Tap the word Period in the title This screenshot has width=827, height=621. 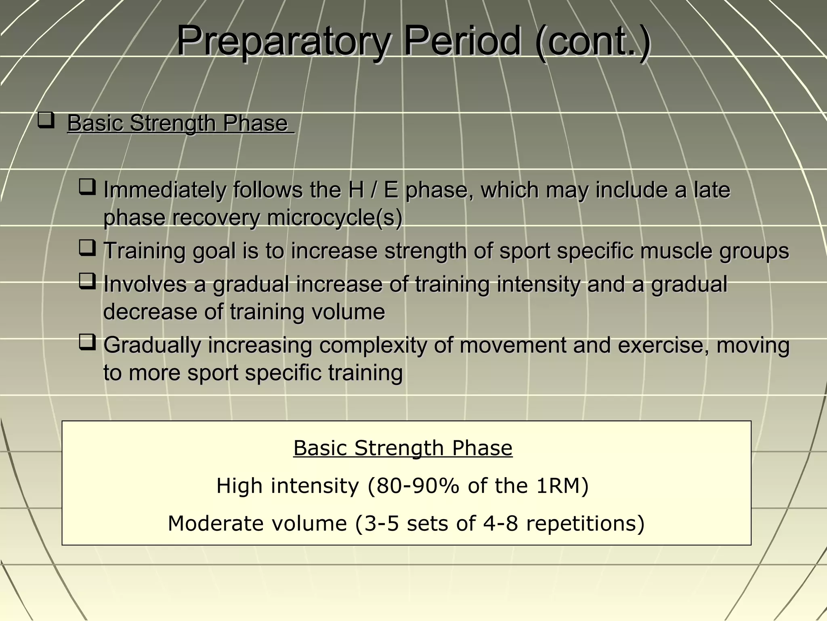462,41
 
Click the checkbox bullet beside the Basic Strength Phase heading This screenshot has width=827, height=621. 46,120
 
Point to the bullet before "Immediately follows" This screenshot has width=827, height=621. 87,187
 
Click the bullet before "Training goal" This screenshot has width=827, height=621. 87,248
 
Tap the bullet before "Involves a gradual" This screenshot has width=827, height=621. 87,281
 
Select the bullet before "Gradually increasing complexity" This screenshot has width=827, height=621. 87,342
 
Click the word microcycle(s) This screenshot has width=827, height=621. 335,218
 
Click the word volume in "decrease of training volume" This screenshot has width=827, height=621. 347,312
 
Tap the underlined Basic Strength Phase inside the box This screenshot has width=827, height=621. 403,448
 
